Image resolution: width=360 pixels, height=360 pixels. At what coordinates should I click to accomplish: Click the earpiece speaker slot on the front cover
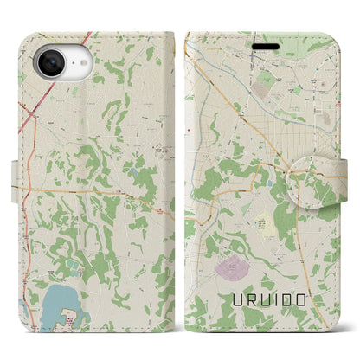[265, 42]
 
